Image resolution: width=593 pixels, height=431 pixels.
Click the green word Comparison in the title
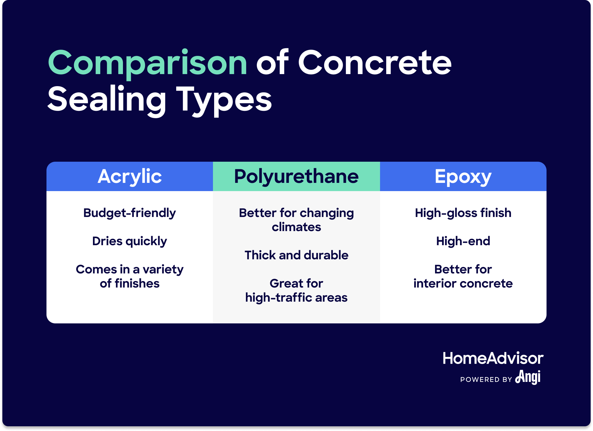point(147,63)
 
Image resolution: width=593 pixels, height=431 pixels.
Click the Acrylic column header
point(130,176)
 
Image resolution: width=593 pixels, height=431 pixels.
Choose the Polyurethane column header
point(296,176)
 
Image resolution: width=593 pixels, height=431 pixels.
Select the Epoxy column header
point(463,176)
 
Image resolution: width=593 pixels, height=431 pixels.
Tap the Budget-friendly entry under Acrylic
point(129,213)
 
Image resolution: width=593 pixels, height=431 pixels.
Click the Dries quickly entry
point(129,241)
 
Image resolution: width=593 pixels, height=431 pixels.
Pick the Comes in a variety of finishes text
point(129,276)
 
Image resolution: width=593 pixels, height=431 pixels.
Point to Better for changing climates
point(296,220)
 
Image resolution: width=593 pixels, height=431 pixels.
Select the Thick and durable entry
point(296,255)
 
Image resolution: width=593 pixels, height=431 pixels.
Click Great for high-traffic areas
point(296,290)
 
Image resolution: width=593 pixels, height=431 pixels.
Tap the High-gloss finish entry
point(463,213)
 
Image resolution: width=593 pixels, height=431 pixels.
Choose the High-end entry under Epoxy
point(463,241)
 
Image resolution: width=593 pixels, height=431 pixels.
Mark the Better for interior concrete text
point(463,276)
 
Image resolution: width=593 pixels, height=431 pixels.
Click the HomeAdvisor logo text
point(493,358)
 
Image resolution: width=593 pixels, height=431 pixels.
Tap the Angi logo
point(528,377)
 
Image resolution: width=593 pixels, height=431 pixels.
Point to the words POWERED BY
point(486,380)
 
